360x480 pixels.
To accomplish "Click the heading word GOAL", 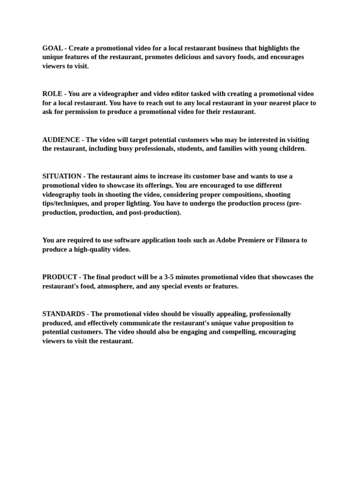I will coord(52,48).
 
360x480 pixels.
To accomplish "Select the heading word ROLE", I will coord(52,94).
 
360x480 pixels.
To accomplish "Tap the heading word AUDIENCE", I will coord(61,140).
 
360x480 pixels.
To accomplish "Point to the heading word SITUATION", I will coord(61,176).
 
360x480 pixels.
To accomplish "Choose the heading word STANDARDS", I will coord(64,314).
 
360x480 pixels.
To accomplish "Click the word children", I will coord(291,149).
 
